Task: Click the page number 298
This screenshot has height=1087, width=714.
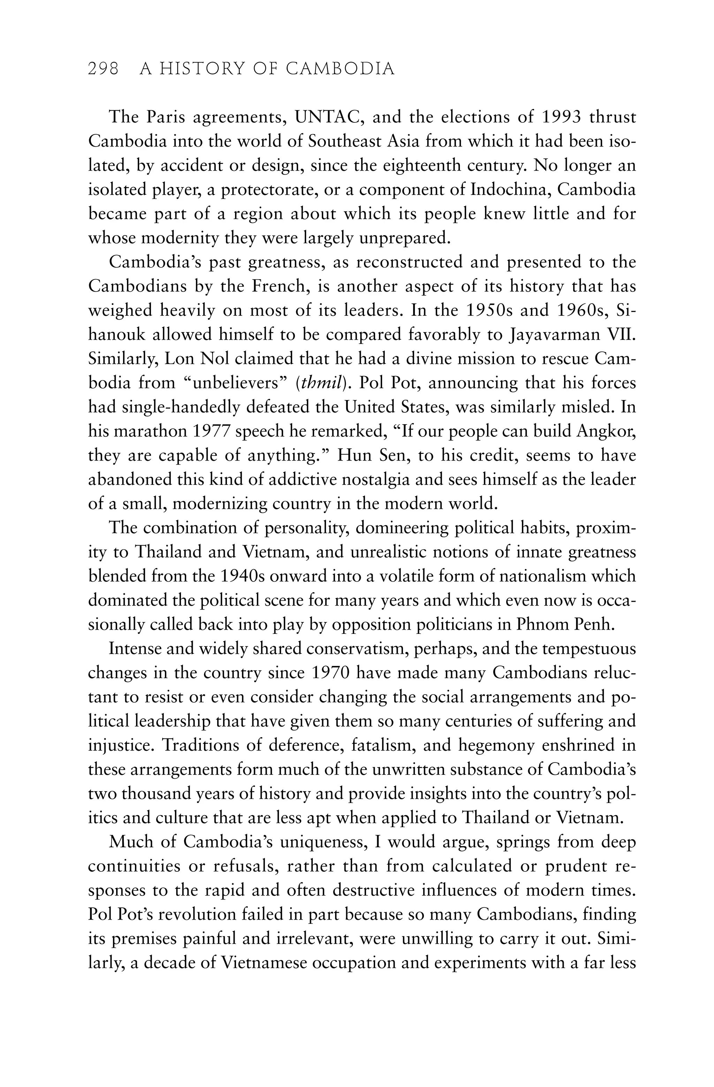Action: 103,69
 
